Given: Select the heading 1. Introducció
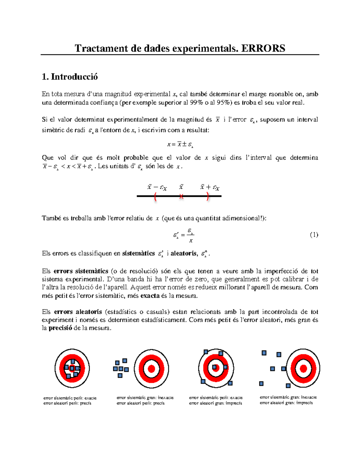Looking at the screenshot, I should pos(70,77).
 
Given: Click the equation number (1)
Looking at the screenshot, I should pos(314,235).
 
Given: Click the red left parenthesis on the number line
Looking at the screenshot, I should pos(155,197).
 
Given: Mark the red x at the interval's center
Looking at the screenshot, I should pos(181,197).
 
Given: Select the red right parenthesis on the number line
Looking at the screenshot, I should pos(208,197).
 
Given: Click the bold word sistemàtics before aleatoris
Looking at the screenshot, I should pos(138,254).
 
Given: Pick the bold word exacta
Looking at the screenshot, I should pos(150,296).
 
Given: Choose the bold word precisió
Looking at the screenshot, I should pos(60,328).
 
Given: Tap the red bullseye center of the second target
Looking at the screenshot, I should pos(151,368).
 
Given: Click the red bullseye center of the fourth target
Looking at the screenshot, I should pos(303,368).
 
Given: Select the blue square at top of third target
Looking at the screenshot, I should pos(206,352).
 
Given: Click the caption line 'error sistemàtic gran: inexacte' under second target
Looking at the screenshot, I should pos(145,398).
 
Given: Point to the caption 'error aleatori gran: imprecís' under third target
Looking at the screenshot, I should pos(215,403).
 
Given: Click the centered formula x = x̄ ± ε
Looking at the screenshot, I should pos(180,145).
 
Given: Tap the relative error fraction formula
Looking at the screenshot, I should pos(184,235).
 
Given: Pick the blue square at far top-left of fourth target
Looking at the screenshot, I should pos(264,353).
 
